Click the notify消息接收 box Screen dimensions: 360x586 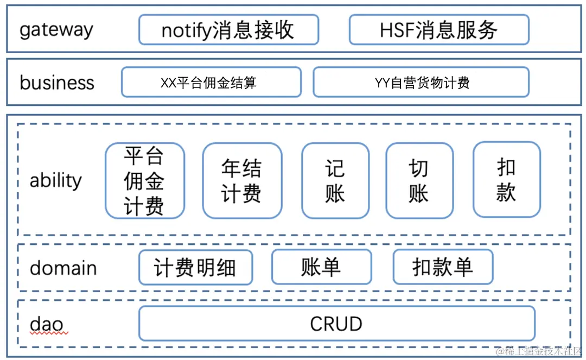point(228,30)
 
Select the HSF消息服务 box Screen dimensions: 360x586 point(438,30)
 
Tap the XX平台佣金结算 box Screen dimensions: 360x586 point(211,83)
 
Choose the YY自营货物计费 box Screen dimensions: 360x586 point(421,83)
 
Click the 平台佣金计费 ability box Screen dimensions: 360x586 point(144,181)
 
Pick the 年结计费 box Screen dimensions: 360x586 point(242,181)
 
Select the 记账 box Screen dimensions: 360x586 point(335,181)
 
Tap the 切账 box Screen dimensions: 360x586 point(419,181)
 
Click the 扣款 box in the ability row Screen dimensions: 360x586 point(506,180)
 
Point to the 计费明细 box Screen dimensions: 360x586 point(195,267)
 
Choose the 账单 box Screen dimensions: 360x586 point(321,267)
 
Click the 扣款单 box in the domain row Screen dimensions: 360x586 point(443,267)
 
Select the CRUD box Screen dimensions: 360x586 point(336,324)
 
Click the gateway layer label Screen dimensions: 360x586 point(56,30)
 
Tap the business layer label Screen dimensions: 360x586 point(57,83)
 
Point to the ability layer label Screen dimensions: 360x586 point(56,180)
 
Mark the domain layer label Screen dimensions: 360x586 point(63,268)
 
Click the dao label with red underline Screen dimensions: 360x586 point(47,325)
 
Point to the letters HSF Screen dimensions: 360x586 point(397,30)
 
